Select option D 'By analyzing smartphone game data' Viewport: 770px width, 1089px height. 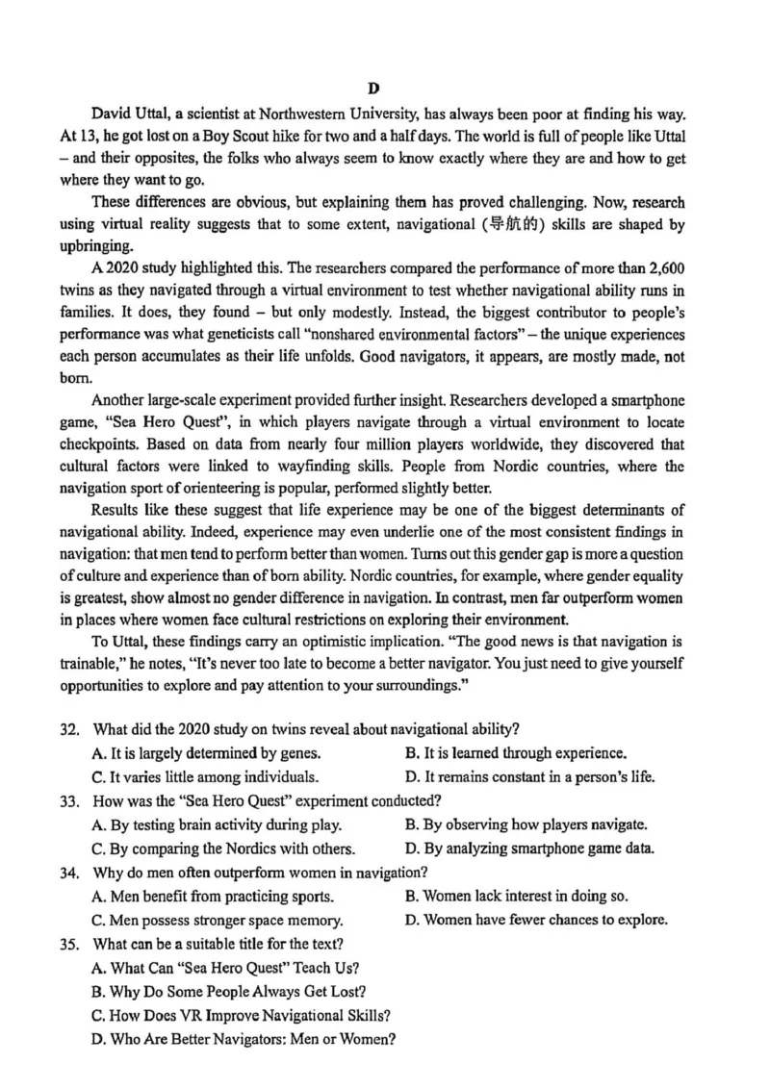coord(530,848)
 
